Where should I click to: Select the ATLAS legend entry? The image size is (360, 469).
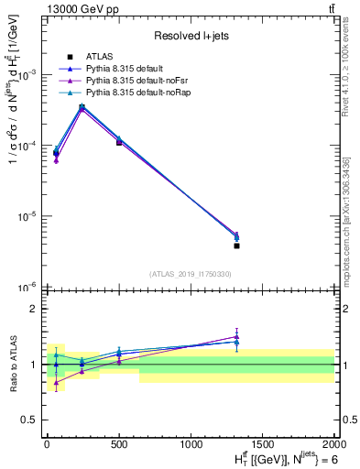pyautogui.click(x=102, y=57)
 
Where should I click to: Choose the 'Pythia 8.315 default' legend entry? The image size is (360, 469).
pyautogui.click(x=130, y=69)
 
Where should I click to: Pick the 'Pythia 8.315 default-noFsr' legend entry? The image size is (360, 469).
pyautogui.click(x=138, y=81)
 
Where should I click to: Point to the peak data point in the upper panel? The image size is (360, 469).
pyautogui.click(x=82, y=107)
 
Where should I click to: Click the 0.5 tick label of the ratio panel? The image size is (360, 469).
pyautogui.click(x=28, y=420)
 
